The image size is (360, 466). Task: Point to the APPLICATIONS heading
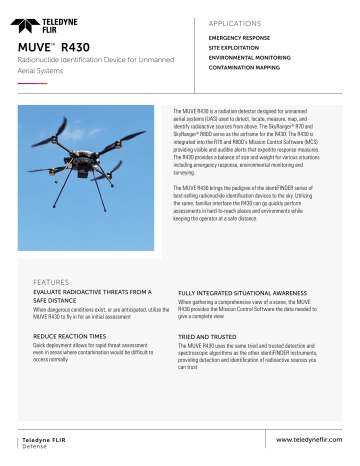point(237,20)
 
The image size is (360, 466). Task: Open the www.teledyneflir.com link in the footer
point(303,440)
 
